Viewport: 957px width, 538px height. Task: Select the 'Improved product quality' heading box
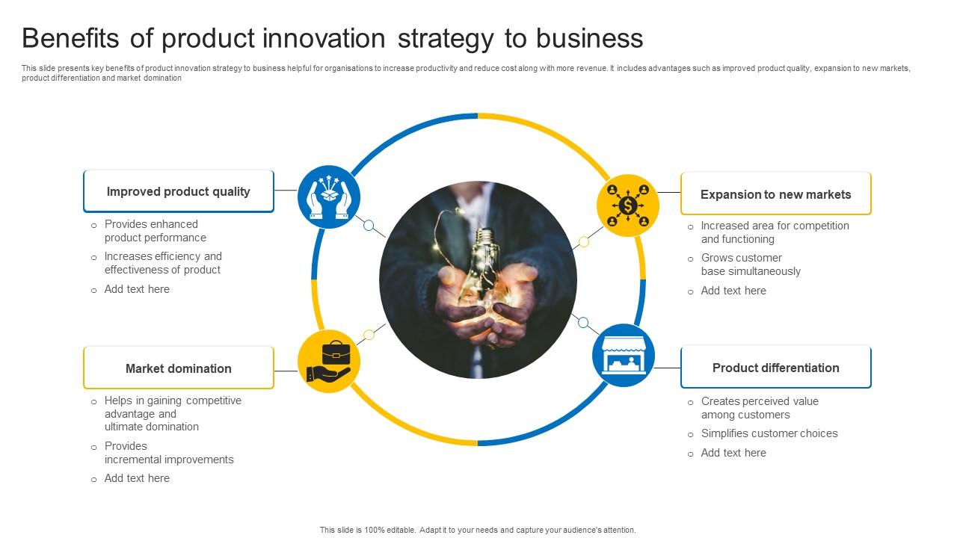[x=179, y=191]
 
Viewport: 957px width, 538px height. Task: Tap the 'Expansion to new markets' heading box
[x=775, y=194]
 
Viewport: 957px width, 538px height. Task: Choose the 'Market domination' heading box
[x=179, y=368]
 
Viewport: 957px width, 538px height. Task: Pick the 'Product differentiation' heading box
[x=775, y=368]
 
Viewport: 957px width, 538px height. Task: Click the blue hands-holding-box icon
[x=329, y=197]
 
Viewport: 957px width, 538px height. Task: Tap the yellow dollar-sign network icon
[x=627, y=205]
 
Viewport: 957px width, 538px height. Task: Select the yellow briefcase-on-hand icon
[x=329, y=362]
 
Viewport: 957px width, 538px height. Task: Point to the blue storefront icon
[x=624, y=356]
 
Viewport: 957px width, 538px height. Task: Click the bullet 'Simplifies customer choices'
[x=769, y=433]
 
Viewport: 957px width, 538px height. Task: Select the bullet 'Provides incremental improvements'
[x=168, y=453]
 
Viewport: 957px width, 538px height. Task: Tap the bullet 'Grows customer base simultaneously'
[x=750, y=265]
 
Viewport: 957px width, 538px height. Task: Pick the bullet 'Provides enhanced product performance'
[x=155, y=231]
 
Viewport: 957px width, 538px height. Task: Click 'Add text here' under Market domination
[x=137, y=478]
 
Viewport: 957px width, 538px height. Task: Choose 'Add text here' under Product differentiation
[x=733, y=453]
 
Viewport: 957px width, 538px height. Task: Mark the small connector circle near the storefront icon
[x=583, y=323]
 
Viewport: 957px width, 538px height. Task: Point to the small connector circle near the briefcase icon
[x=369, y=335]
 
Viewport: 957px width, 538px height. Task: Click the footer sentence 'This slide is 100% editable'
[x=478, y=530]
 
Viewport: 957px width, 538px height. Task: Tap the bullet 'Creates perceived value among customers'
[x=759, y=408]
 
